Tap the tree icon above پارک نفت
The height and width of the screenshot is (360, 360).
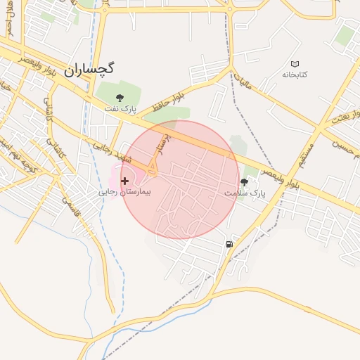(120, 97)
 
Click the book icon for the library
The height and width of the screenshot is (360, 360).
(295, 64)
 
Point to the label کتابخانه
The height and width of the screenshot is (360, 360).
(295, 75)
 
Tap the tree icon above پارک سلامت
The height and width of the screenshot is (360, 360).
(244, 181)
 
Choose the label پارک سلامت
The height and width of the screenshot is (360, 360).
(243, 192)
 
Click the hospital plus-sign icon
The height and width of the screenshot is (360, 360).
(125, 181)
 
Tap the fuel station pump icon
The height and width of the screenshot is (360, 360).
(230, 244)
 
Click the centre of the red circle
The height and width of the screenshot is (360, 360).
(180, 179)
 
